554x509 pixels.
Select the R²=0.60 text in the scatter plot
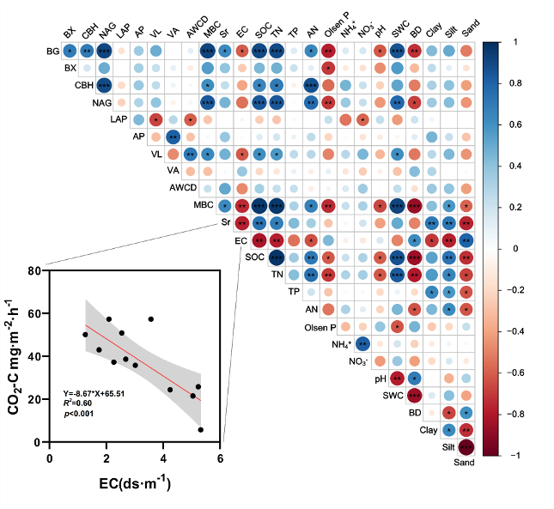(79, 404)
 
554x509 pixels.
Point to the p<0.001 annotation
(78, 415)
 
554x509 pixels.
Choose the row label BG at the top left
(53, 52)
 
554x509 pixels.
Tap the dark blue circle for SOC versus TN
(277, 258)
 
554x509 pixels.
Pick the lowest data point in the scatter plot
(201, 429)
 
